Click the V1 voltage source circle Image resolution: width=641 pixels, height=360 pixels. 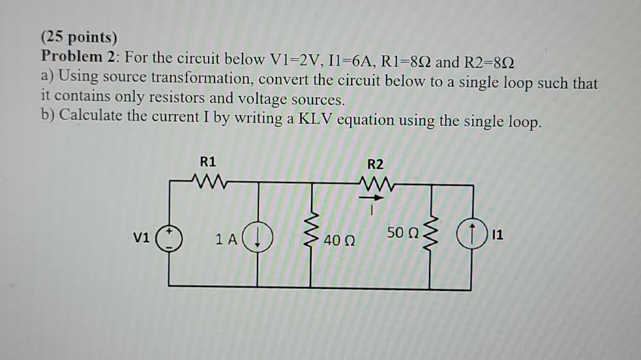[x=169, y=239]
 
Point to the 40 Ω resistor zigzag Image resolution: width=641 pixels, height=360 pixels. [x=311, y=235]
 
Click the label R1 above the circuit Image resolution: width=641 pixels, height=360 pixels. [x=209, y=162]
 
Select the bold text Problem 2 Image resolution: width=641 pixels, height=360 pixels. [x=78, y=57]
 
